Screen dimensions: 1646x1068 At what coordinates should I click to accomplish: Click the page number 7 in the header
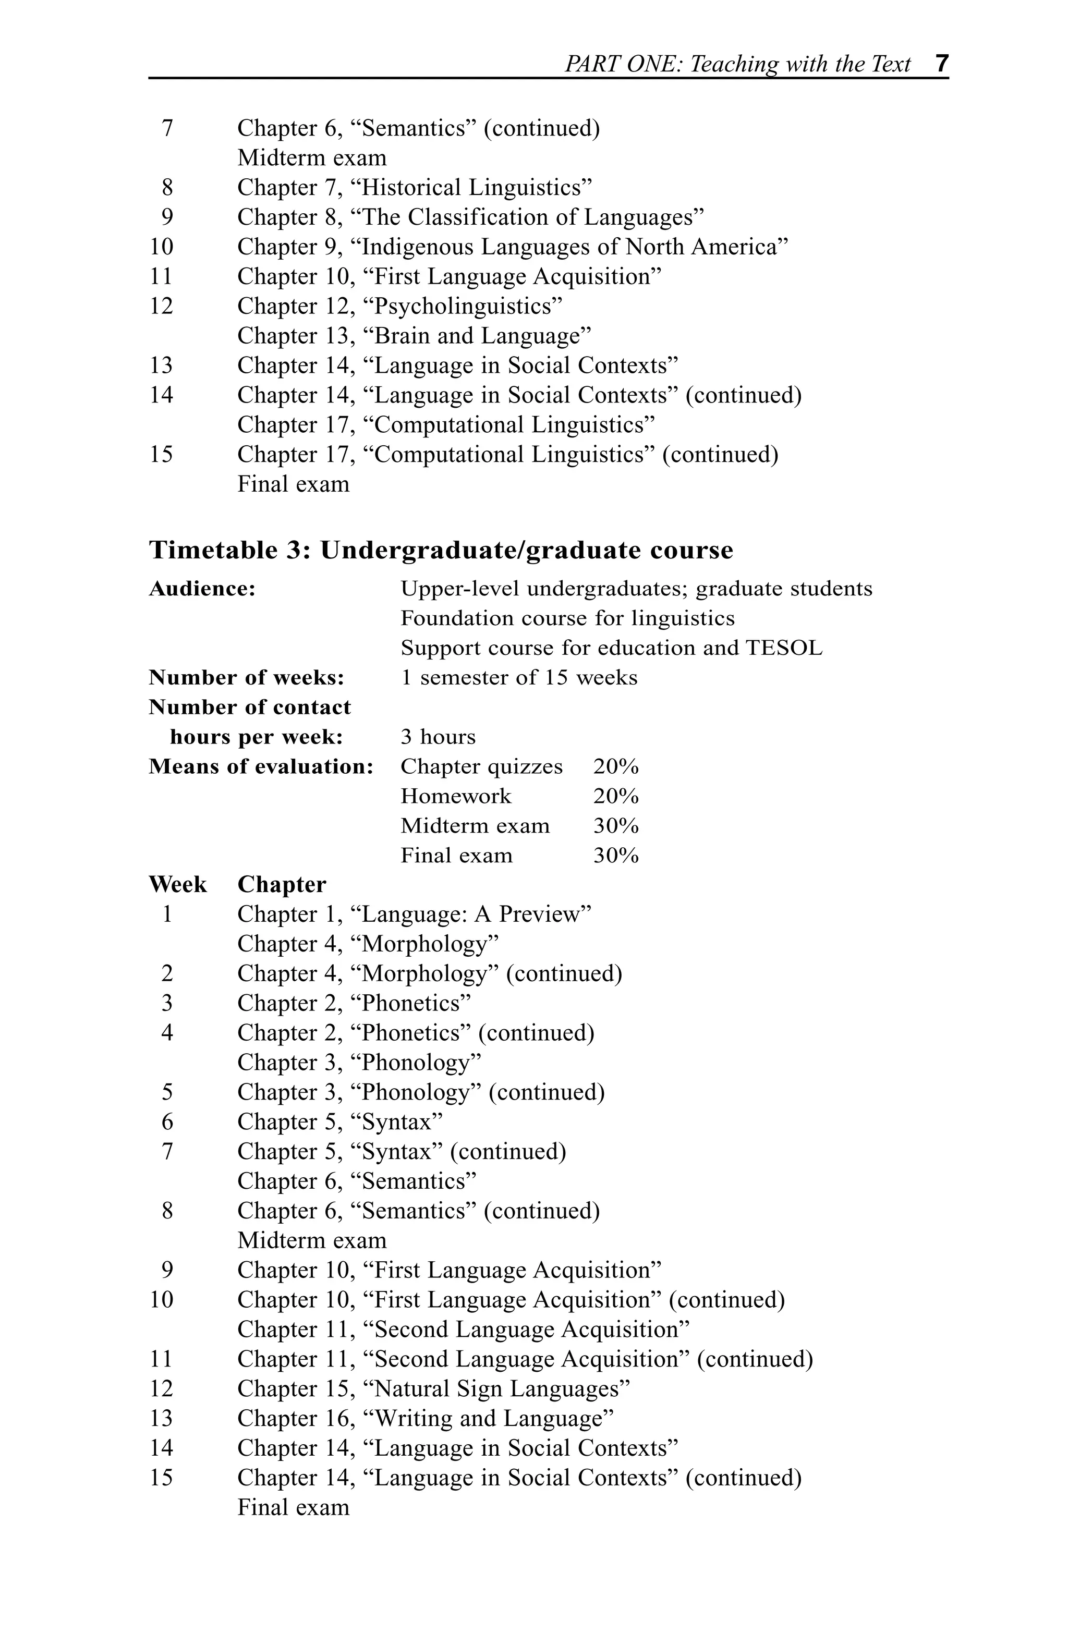(x=941, y=64)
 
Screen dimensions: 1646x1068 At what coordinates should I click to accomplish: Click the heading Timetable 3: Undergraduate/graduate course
(x=441, y=551)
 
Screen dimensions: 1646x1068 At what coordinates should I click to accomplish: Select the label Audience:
(x=202, y=589)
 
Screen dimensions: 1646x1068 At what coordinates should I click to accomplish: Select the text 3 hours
(x=438, y=737)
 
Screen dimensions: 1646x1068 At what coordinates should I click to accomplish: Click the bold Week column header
(x=178, y=885)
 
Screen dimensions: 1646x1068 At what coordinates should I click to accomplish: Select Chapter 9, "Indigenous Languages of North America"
(x=513, y=247)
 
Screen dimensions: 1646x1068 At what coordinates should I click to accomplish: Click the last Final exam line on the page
(x=293, y=1508)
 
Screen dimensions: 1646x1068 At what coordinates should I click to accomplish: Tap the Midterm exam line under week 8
(x=312, y=1241)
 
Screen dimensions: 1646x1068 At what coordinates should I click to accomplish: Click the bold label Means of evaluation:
(x=261, y=766)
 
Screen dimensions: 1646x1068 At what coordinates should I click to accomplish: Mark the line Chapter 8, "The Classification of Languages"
(x=470, y=217)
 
